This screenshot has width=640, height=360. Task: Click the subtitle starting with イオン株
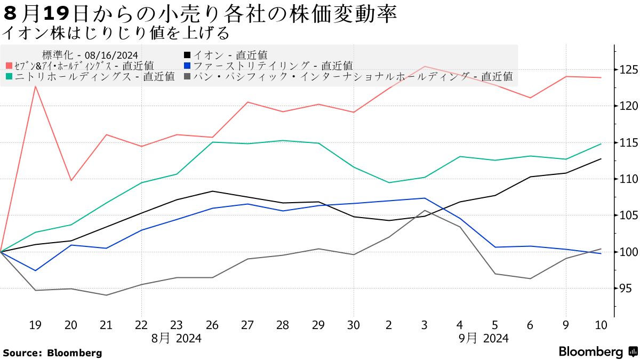116,33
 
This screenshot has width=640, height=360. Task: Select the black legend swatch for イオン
187,54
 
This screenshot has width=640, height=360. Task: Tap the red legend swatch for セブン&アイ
9,66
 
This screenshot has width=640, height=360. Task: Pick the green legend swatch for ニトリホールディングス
9,76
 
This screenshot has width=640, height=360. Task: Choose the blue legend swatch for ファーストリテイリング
187,66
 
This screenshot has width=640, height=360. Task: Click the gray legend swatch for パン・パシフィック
187,76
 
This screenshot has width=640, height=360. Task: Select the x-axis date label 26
212,325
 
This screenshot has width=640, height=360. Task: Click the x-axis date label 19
35,325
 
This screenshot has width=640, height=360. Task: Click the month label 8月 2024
177,338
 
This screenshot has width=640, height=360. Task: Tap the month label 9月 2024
484,338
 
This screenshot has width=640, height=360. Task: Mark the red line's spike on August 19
35,86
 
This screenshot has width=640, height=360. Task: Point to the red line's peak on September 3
425,67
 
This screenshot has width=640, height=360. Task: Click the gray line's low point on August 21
106,295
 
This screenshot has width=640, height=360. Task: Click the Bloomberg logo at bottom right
597,352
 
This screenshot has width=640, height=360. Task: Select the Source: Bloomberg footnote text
52,353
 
